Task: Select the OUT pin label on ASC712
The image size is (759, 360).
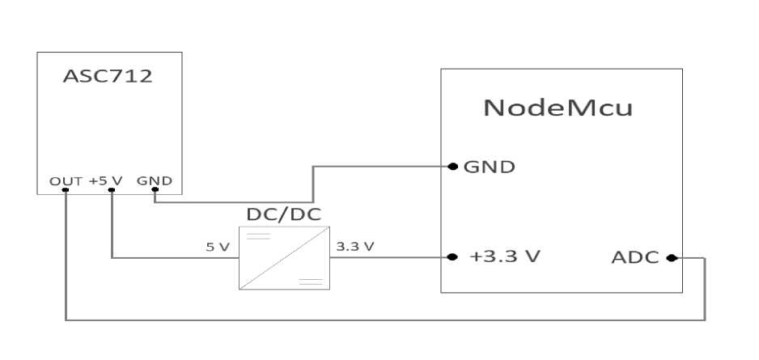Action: pyautogui.click(x=65, y=180)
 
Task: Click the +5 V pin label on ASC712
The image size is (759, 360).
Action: pyautogui.click(x=105, y=180)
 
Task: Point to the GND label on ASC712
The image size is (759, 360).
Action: pyautogui.click(x=154, y=180)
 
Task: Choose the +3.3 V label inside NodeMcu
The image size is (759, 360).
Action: pyautogui.click(x=505, y=257)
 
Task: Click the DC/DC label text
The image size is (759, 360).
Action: pyautogui.click(x=283, y=217)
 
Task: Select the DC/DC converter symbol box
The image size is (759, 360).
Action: pyautogui.click(x=284, y=258)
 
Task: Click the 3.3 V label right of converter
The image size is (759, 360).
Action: pyautogui.click(x=354, y=247)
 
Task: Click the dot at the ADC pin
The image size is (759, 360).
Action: pyautogui.click(x=671, y=258)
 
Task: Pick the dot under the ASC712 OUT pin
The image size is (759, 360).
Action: pyautogui.click(x=65, y=191)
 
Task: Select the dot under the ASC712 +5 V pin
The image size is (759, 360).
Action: pyautogui.click(x=111, y=191)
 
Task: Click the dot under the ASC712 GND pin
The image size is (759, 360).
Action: pyautogui.click(x=154, y=191)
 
